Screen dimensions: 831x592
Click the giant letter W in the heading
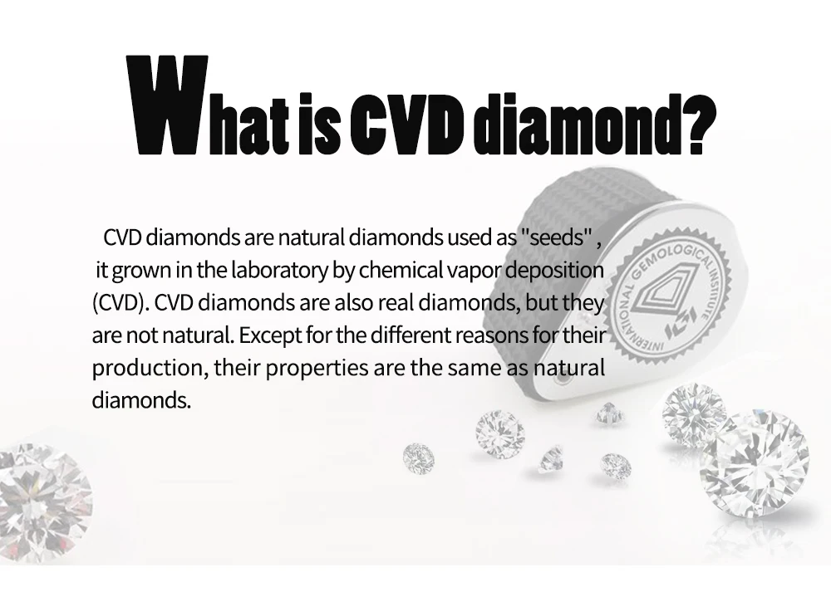(x=168, y=105)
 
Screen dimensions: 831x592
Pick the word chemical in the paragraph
(x=401, y=270)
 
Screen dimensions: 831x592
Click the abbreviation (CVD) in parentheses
(x=119, y=303)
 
